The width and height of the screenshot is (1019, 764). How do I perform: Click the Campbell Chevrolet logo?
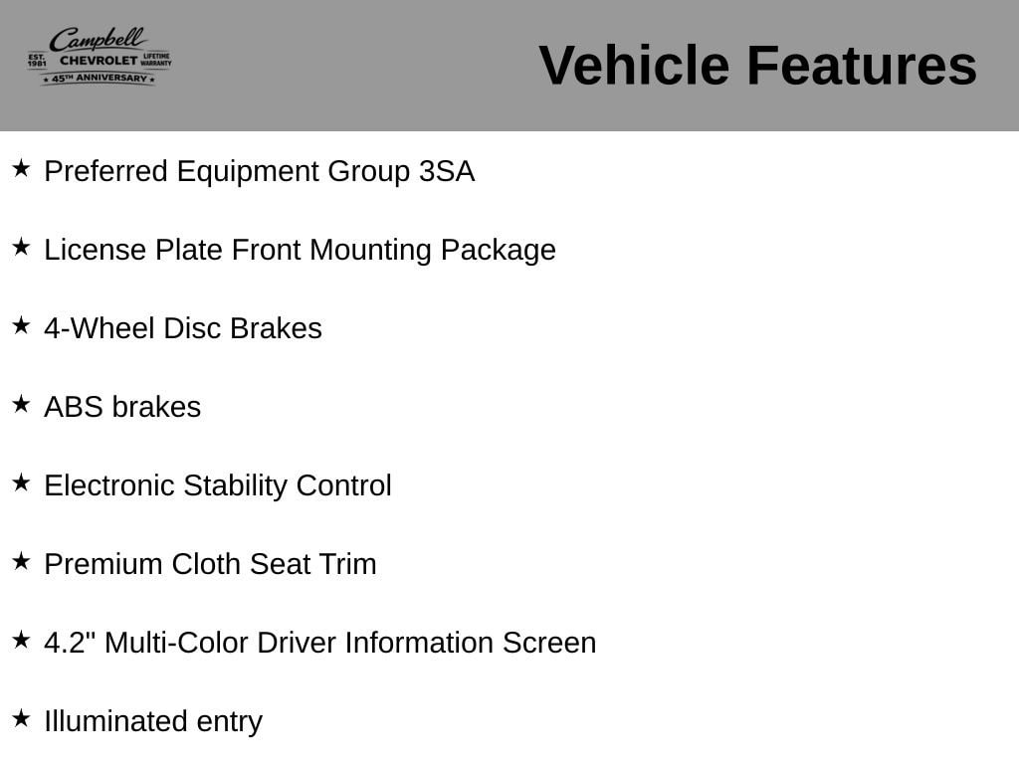100,56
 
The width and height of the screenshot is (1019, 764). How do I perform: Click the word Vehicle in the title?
634,65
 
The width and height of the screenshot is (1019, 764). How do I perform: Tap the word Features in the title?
862,65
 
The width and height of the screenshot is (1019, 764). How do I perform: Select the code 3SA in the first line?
447,171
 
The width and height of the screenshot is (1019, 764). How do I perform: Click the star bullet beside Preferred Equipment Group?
21,168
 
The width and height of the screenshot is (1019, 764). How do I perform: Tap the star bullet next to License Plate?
21,247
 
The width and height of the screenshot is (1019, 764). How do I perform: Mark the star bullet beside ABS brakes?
21,404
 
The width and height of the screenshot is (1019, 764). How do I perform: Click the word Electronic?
109,485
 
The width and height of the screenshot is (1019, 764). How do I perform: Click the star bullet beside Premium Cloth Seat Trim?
21,561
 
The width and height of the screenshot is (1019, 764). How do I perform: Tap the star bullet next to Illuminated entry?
21,718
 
